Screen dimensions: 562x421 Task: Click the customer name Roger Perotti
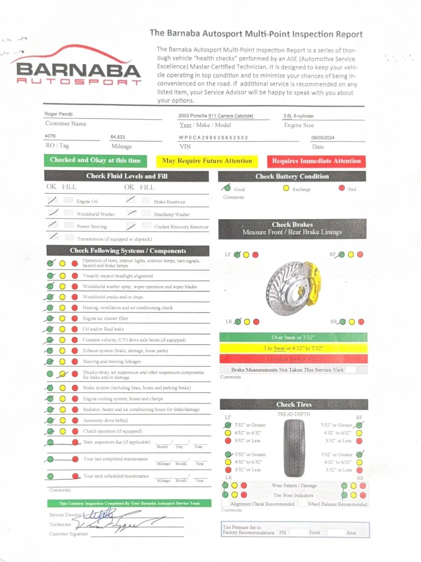(x=58, y=114)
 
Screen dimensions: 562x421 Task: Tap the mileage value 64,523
(x=118, y=137)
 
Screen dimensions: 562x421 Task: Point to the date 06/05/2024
(x=323, y=138)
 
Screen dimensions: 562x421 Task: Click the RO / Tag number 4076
(x=50, y=136)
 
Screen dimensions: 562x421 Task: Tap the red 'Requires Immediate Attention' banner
(x=316, y=161)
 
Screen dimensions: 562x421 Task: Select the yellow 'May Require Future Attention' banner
(x=207, y=161)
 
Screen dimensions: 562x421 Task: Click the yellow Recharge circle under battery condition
(x=286, y=188)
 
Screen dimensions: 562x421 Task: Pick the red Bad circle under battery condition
(x=342, y=188)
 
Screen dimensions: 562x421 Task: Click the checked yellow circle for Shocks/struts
(x=62, y=374)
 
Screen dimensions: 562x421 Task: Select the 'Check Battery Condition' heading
(x=292, y=176)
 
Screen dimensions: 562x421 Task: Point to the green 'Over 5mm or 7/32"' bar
(x=293, y=337)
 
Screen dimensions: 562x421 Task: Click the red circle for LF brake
(x=255, y=255)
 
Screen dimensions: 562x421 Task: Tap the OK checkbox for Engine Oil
(x=52, y=201)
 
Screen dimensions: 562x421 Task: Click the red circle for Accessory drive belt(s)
(x=75, y=421)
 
